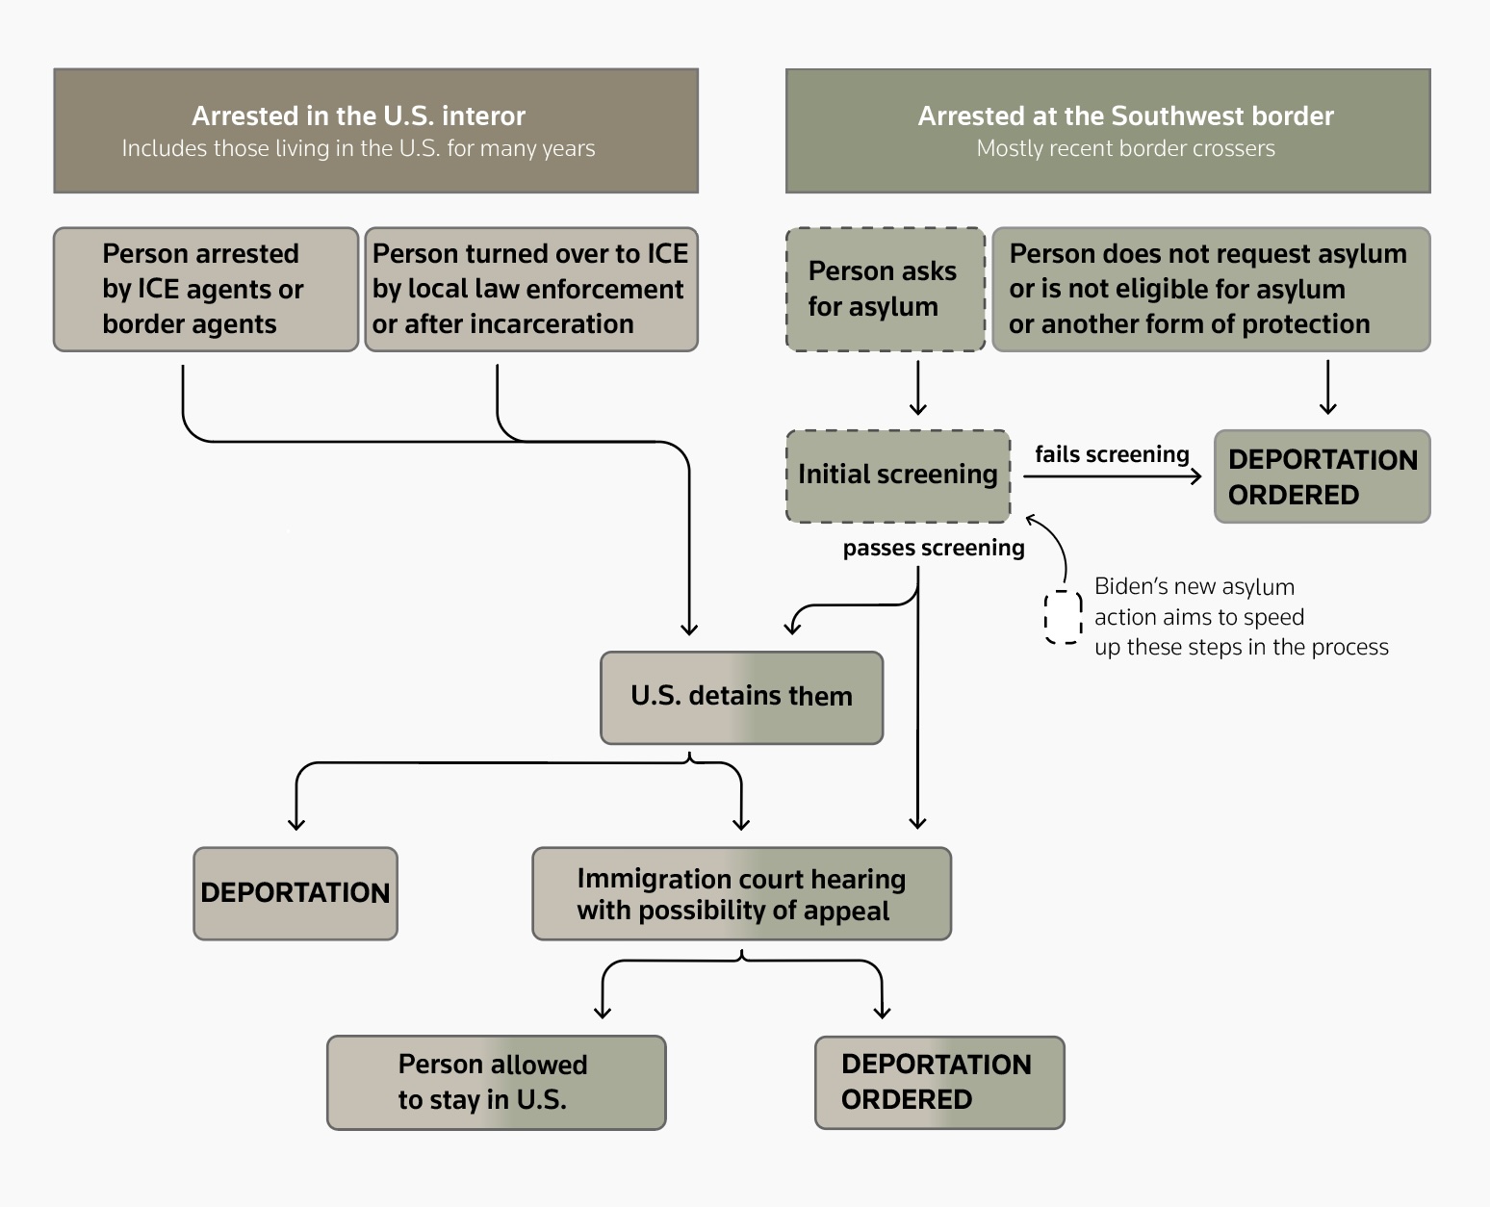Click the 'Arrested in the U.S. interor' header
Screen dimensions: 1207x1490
click(x=375, y=130)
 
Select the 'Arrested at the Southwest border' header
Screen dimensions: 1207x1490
click(x=1107, y=130)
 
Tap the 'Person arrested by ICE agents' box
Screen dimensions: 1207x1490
click(x=205, y=289)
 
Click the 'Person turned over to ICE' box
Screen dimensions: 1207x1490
click(x=530, y=289)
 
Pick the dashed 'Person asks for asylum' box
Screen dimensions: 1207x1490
click(x=885, y=289)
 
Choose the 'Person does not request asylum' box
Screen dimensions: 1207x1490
click(x=1210, y=289)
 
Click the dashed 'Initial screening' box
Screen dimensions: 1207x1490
click(x=897, y=475)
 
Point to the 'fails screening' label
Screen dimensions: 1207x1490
click(x=1112, y=454)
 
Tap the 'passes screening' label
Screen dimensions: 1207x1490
click(x=933, y=548)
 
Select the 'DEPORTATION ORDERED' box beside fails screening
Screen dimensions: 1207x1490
click(x=1322, y=476)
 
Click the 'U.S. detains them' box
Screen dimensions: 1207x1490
click(x=741, y=697)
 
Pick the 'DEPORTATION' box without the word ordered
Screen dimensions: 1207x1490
click(x=295, y=893)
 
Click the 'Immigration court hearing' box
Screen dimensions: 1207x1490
click(x=741, y=894)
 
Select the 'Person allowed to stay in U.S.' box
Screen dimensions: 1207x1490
click(x=496, y=1082)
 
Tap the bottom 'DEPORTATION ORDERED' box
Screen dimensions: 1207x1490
click(x=938, y=1082)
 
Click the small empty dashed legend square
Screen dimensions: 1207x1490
click(x=1063, y=617)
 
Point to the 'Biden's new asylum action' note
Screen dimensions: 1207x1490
click(x=1240, y=617)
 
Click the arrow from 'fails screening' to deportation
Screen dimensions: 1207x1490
click(x=1112, y=475)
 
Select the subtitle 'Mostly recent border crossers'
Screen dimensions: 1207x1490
click(x=1125, y=149)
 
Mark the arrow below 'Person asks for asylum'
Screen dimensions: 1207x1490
click(x=917, y=388)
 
